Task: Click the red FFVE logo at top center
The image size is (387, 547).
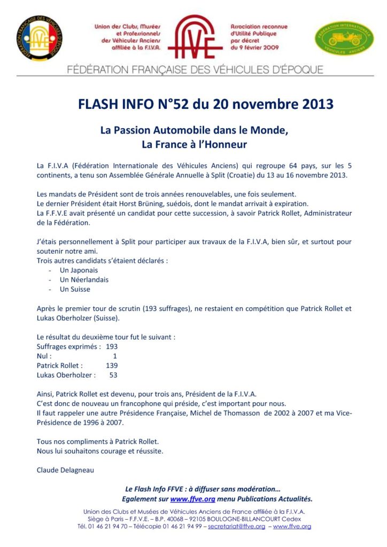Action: [195, 36]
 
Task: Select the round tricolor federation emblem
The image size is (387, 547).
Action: [39, 38]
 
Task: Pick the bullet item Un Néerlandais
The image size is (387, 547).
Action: [83, 280]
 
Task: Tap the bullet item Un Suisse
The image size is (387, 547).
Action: [75, 289]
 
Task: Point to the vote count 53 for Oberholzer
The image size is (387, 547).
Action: [113, 375]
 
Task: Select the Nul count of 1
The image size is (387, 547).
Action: [114, 356]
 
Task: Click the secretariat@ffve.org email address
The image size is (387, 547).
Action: [237, 527]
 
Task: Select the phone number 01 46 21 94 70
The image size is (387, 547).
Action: [108, 527]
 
